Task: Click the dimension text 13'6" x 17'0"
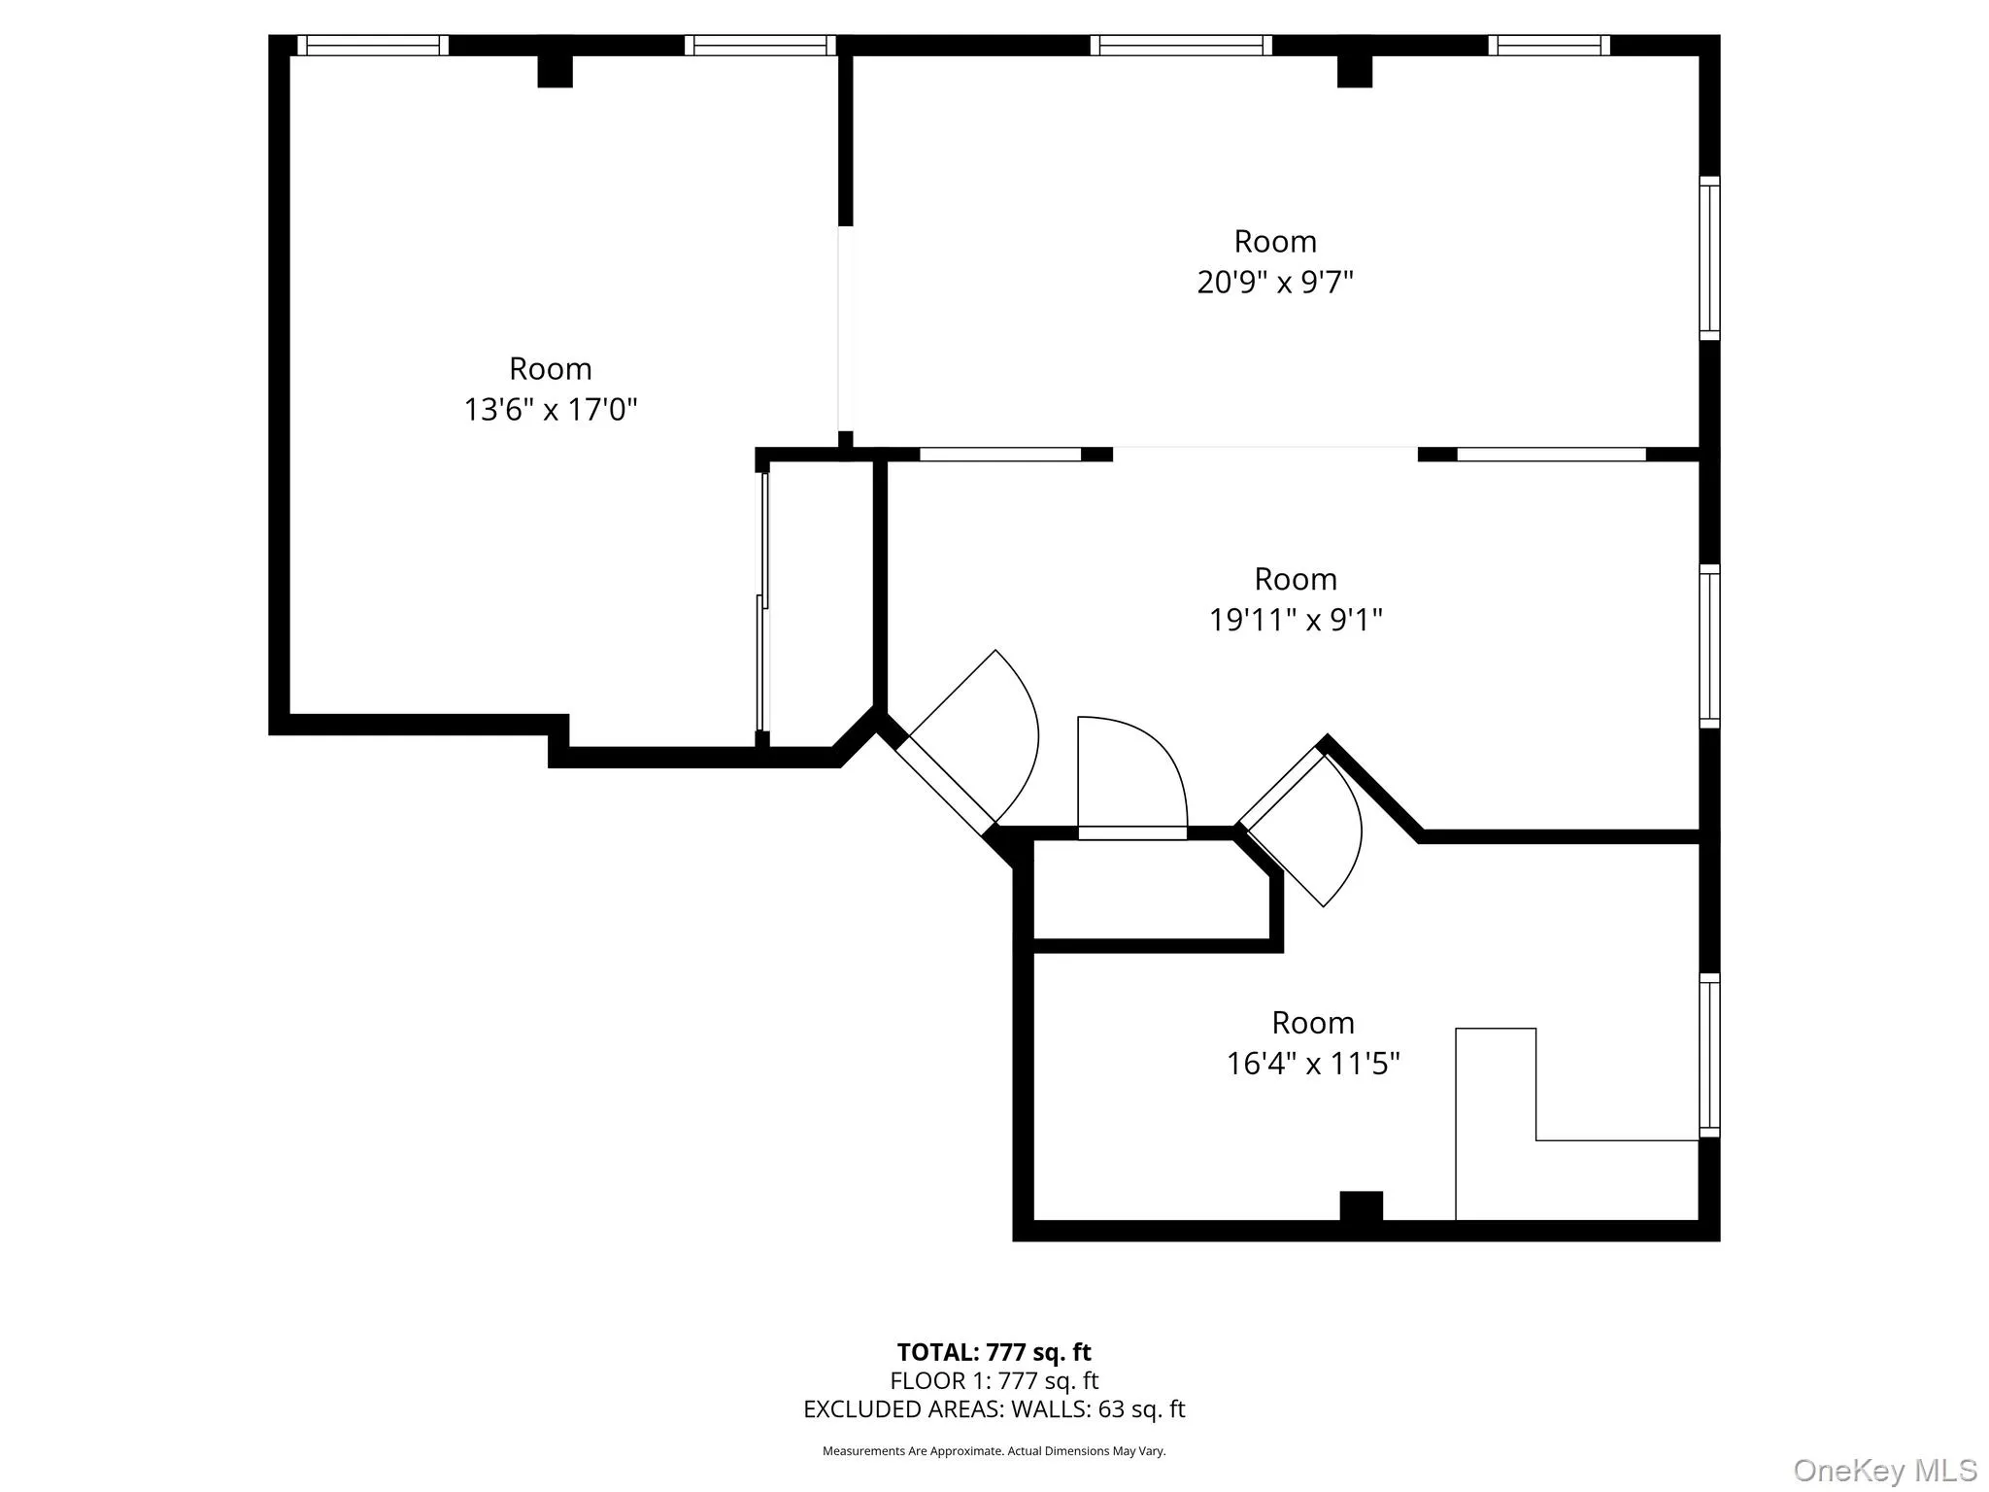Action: (550, 410)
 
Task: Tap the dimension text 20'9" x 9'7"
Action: (1274, 283)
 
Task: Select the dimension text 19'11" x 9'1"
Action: (1295, 620)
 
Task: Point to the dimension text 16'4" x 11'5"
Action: (1312, 1064)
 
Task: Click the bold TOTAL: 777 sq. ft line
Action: (994, 1352)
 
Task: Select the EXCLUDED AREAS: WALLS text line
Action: (994, 1409)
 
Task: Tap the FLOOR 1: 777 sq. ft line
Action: (994, 1380)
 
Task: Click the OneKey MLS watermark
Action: (1884, 1470)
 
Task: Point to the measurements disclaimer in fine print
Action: (994, 1451)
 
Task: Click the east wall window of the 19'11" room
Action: (1708, 646)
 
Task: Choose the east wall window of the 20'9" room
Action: (1708, 258)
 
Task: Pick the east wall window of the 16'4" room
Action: (1708, 1055)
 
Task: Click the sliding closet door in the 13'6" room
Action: (763, 602)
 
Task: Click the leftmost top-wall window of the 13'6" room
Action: (373, 45)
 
